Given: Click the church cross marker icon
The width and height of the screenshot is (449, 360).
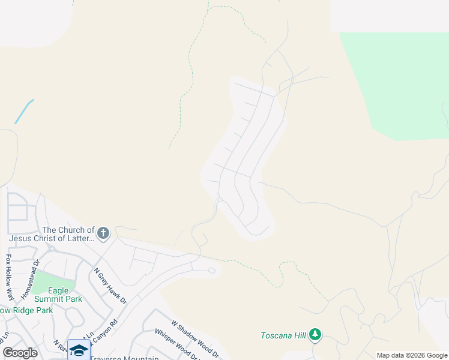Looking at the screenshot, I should pyautogui.click(x=103, y=233).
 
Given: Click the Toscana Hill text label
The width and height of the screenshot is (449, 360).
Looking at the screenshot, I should pyautogui.click(x=283, y=335).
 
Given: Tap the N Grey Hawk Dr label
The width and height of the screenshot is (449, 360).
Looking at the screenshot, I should pyautogui.click(x=110, y=285).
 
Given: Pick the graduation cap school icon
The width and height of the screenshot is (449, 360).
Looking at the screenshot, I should pyautogui.click(x=79, y=349).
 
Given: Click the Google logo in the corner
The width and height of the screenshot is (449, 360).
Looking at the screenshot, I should pyautogui.click(x=20, y=353).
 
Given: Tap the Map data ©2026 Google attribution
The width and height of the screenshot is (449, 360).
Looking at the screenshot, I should pyautogui.click(x=411, y=355).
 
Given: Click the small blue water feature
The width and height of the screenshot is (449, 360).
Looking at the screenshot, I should pyautogui.click(x=24, y=111).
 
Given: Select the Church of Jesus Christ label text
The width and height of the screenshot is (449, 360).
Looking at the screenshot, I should pyautogui.click(x=68, y=234).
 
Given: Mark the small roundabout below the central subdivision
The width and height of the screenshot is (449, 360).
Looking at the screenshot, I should pyautogui.click(x=220, y=200).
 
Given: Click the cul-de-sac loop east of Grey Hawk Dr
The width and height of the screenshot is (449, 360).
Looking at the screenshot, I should pyautogui.click(x=212, y=271).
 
